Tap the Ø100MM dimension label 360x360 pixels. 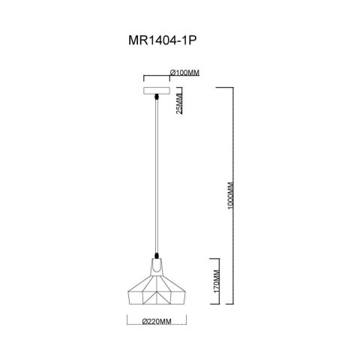coord(184,72)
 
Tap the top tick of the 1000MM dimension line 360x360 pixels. coord(227,88)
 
